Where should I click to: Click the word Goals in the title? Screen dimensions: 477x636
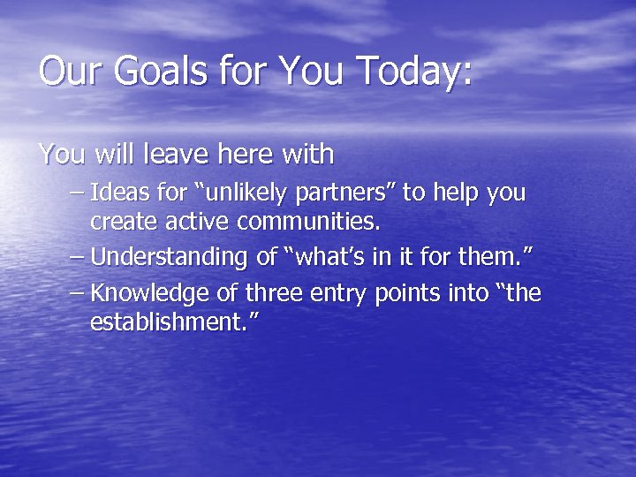point(136,71)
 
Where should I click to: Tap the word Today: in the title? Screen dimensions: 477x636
point(411,71)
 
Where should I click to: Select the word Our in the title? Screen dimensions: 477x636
point(64,71)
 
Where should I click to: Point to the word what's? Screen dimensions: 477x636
point(327,257)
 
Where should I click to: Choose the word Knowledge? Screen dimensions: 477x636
point(145,291)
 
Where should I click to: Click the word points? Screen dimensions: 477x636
point(402,291)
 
